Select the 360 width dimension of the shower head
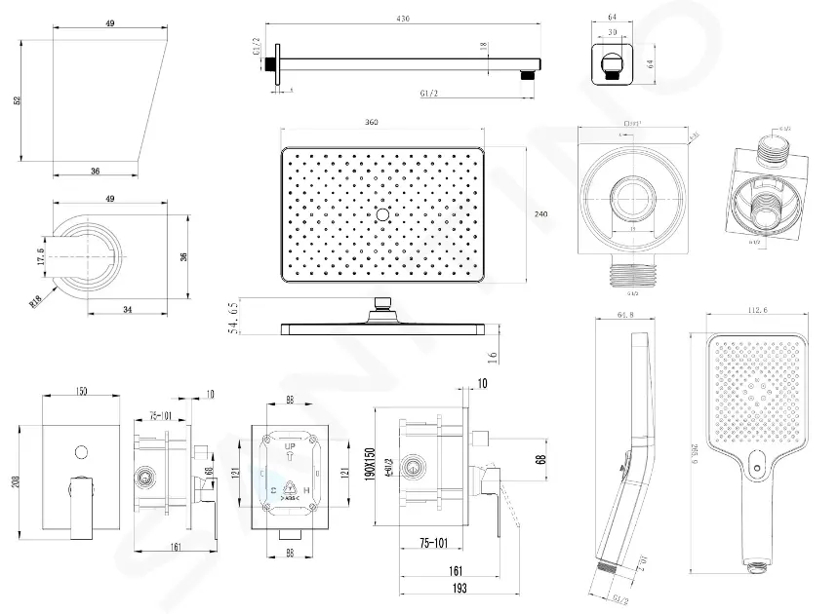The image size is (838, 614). coord(372,122)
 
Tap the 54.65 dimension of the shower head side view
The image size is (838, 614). coord(234,319)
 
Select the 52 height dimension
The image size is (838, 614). coord(18,101)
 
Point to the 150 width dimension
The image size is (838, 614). coord(82,392)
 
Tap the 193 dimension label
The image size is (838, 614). coord(459,589)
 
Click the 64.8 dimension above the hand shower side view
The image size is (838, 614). coord(625,313)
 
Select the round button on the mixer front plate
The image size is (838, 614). coord(81,451)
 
